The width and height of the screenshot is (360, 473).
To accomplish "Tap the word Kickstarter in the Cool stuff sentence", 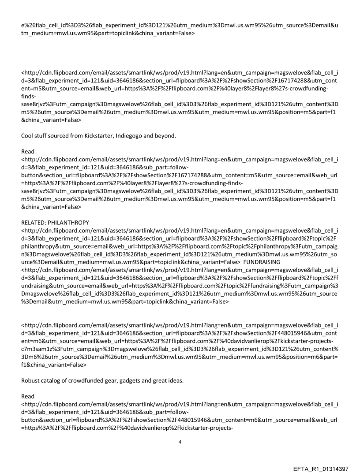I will (97, 135).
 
